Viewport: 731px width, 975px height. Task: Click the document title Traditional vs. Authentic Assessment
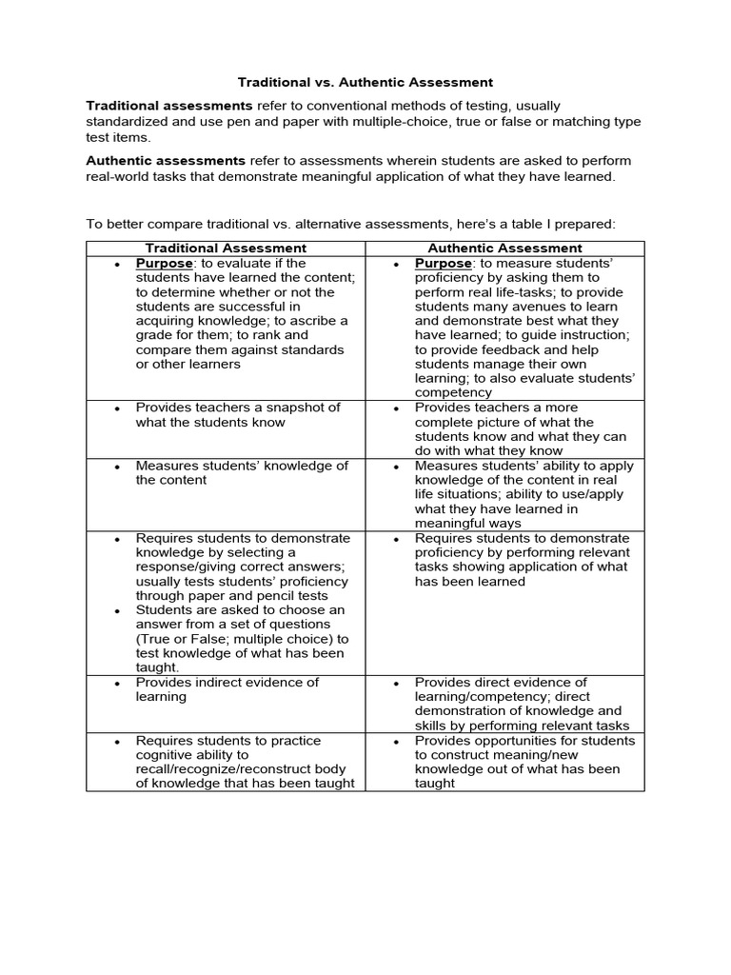point(365,83)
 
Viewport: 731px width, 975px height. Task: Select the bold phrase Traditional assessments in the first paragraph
point(169,106)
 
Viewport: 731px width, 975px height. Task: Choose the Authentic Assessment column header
point(504,249)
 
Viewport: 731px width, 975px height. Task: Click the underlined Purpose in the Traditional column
point(165,264)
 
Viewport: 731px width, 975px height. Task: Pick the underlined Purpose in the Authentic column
point(444,264)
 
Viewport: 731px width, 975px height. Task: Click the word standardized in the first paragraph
point(128,122)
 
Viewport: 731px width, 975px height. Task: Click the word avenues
point(545,307)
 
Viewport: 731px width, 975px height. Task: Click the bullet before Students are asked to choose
point(116,610)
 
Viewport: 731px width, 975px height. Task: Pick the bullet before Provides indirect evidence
point(116,683)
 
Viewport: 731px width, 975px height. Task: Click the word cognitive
point(166,755)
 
